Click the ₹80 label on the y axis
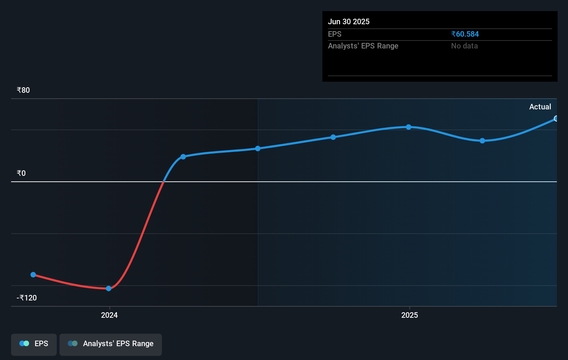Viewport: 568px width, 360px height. point(23,90)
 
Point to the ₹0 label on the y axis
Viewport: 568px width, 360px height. point(21,173)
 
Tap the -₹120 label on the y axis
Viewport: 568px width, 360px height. point(27,298)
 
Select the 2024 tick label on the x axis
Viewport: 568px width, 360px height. point(109,315)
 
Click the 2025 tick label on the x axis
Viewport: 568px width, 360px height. point(410,315)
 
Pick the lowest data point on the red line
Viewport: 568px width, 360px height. point(109,288)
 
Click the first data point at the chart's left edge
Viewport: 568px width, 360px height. point(33,274)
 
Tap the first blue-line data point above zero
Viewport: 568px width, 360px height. point(183,157)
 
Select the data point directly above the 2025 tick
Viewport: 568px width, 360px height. point(409,127)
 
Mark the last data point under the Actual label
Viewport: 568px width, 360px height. point(556,119)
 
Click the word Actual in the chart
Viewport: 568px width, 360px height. point(540,107)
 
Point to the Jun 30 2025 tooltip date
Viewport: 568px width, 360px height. point(349,22)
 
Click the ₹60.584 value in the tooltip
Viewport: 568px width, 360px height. point(465,34)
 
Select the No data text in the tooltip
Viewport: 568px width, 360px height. point(464,46)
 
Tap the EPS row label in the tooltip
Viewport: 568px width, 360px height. point(335,34)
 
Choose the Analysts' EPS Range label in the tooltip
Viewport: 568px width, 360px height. point(363,46)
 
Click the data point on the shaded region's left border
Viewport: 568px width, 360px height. point(258,148)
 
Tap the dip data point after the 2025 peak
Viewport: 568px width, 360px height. point(482,141)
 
